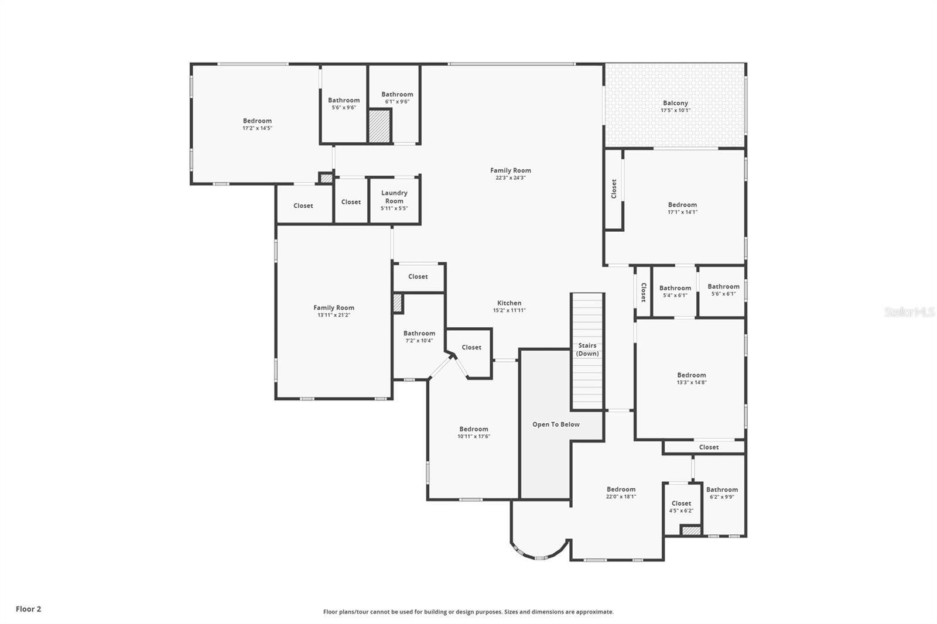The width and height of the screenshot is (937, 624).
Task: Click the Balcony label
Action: (x=675, y=103)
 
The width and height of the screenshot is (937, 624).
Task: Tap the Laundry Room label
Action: (x=394, y=197)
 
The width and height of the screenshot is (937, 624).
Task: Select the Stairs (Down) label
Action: (x=587, y=349)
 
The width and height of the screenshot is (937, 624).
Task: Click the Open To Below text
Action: (x=556, y=424)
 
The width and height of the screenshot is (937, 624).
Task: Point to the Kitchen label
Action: (x=509, y=303)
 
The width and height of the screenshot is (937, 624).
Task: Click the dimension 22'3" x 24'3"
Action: (x=511, y=178)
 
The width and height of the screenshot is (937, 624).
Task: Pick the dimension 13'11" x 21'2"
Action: (x=333, y=315)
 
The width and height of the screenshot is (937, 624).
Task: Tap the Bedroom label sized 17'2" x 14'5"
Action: (x=257, y=121)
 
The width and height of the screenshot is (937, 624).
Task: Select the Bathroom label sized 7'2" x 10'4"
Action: (x=419, y=333)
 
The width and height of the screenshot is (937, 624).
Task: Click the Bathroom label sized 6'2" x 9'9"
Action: (x=721, y=489)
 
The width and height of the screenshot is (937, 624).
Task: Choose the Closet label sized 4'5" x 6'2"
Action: (x=681, y=503)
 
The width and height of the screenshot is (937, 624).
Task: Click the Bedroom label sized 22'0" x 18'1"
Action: (x=621, y=489)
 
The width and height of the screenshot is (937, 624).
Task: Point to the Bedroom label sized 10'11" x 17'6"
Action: (x=473, y=429)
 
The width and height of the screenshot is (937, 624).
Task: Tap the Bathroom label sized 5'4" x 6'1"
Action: (x=675, y=288)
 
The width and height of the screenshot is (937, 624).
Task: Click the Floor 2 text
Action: (x=28, y=609)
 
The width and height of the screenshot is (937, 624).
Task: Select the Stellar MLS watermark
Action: (x=909, y=312)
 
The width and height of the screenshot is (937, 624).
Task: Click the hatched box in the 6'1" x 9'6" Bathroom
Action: (x=379, y=126)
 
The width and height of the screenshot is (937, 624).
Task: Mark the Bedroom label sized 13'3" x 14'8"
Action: (x=691, y=375)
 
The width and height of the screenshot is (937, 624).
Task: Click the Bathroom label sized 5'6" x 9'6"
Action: (x=344, y=100)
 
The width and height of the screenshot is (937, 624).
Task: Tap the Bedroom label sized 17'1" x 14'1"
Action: (x=682, y=205)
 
